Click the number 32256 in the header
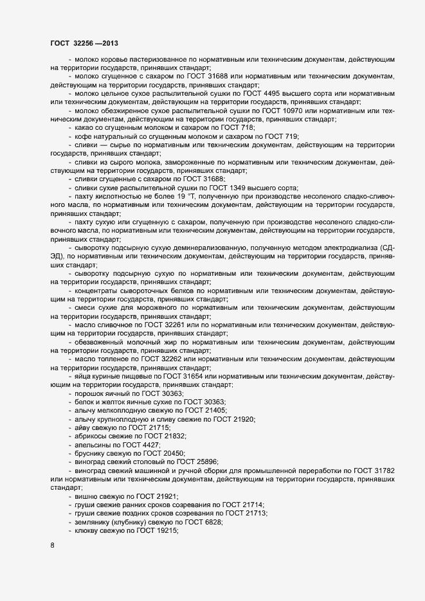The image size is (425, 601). pyautogui.click(x=84, y=44)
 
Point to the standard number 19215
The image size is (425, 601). pyautogui.click(x=164, y=530)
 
